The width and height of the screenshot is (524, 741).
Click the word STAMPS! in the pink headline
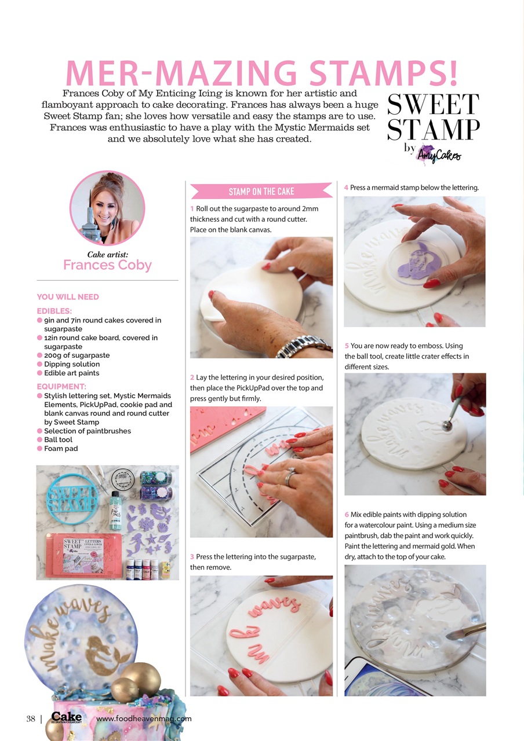(383, 73)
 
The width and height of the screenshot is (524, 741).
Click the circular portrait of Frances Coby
(107, 208)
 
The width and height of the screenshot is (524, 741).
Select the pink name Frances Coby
(107, 265)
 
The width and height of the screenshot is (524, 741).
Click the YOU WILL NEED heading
(68, 297)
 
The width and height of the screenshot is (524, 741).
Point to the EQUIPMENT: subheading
(61, 386)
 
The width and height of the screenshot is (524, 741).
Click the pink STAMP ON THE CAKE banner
(261, 191)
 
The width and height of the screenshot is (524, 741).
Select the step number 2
(192, 377)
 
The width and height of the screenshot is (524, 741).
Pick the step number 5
(347, 346)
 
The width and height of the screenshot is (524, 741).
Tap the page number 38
(31, 719)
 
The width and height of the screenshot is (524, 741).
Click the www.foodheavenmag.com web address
(144, 719)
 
